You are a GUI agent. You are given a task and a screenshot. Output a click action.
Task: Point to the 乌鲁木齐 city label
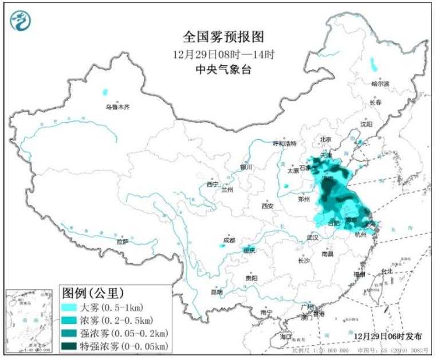[x=117, y=107]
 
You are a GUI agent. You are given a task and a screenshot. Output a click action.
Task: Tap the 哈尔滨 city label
[x=379, y=84]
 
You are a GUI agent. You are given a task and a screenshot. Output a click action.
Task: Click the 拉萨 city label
[x=122, y=242]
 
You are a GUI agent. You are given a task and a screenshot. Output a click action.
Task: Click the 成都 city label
[x=229, y=240]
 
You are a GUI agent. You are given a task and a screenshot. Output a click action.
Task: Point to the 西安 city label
[x=268, y=206]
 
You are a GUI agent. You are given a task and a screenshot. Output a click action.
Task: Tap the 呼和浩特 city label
[x=284, y=143]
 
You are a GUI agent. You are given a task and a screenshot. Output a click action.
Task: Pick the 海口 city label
[x=286, y=336]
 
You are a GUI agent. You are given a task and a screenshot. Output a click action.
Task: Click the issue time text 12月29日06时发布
[x=387, y=333]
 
